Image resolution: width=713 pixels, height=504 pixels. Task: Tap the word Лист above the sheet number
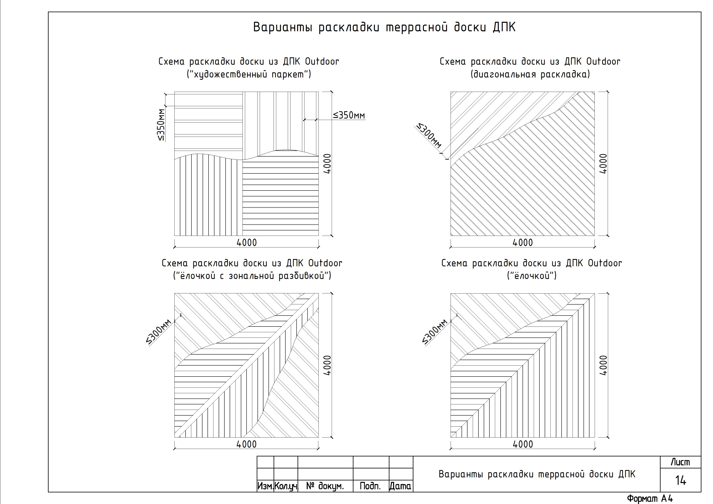(x=680, y=462)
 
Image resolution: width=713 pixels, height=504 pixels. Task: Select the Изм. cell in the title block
(x=265, y=486)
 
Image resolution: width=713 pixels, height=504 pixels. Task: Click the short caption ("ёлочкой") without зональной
(x=532, y=276)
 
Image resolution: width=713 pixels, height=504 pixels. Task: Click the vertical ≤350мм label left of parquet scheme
(x=161, y=125)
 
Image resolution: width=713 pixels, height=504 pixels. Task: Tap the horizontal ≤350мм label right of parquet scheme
(x=349, y=115)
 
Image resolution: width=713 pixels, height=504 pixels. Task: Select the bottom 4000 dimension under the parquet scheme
(x=247, y=243)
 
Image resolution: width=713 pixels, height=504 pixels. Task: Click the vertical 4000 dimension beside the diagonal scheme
(x=603, y=164)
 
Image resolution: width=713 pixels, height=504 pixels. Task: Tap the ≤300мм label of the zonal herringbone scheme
(x=159, y=332)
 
